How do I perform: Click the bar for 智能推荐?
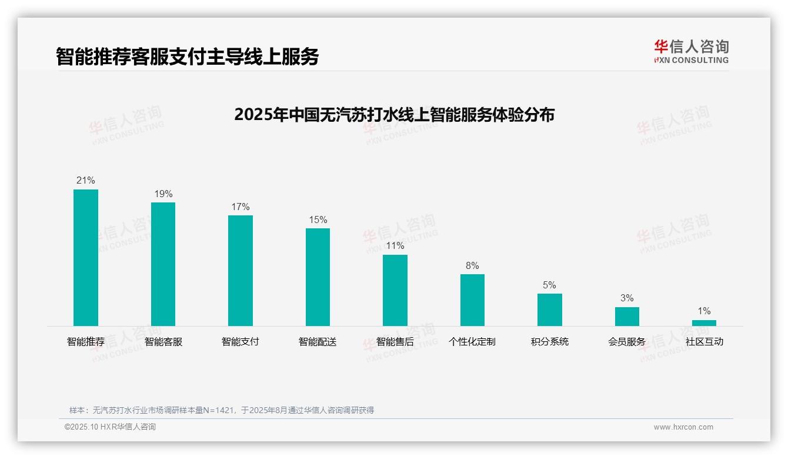(86, 257)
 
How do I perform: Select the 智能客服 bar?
(163, 264)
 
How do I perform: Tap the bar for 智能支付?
(241, 270)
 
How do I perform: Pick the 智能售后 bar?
(395, 290)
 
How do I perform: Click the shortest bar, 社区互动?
(704, 323)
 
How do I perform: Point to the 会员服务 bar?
(627, 317)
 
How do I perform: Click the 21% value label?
(86, 181)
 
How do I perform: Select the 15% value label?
(318, 220)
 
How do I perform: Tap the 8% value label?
(472, 266)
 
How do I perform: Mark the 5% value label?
(549, 285)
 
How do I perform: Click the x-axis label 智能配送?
(318, 342)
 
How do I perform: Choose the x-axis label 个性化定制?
(472, 342)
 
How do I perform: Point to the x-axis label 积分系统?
(549, 342)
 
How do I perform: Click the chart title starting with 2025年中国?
(394, 115)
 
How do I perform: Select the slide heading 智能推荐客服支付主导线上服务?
(188, 56)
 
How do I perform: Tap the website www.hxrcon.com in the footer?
(683, 427)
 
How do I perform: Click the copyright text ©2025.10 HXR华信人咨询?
(110, 427)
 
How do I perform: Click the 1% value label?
(704, 311)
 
